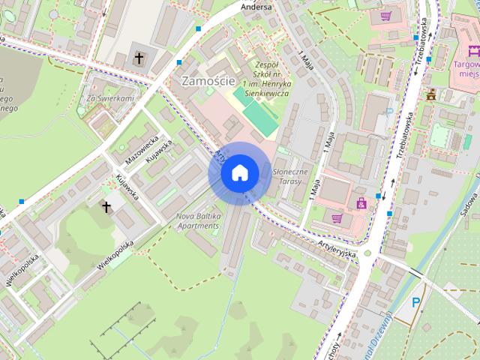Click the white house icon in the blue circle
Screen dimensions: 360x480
coord(239,172)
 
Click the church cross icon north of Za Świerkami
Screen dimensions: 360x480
coord(139,57)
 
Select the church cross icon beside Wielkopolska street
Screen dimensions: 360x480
coord(106,205)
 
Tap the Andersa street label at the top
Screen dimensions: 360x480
coord(256,7)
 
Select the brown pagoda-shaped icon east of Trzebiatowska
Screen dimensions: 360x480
coord(430,95)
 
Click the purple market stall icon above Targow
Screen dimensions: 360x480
coord(472,52)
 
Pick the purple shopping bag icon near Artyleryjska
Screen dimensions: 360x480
coord(361,202)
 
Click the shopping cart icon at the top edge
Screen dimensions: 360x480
coord(385,15)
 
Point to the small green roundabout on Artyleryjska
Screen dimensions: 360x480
coord(367,253)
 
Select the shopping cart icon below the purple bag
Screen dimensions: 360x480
coord(337,218)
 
